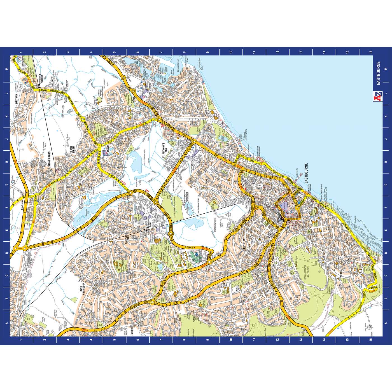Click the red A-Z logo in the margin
pos(378,95)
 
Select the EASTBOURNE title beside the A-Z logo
pos(378,73)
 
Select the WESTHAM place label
pos(17,100)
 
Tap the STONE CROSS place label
pos(49,159)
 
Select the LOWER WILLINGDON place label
pos(83,292)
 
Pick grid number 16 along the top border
pos(370,52)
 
